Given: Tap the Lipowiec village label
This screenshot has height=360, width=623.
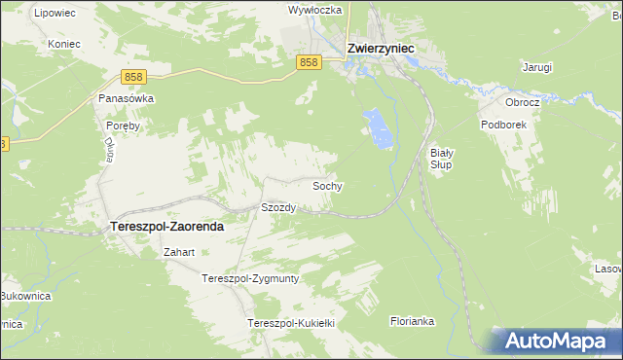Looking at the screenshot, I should (54, 14).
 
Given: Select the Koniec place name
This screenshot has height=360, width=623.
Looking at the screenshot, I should (63, 44).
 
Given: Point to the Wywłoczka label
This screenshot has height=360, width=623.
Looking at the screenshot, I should (313, 10).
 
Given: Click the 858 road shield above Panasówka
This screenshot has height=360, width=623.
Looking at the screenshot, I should (135, 75).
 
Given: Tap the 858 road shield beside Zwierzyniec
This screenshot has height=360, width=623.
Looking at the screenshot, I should (309, 62).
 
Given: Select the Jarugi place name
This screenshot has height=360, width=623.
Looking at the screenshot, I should (536, 67).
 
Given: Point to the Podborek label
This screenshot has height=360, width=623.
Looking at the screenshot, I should (503, 125).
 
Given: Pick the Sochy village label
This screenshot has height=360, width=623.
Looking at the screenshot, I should (327, 185).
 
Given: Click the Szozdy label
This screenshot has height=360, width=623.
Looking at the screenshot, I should (278, 207).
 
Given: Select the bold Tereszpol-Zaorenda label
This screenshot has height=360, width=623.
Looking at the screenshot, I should (163, 226).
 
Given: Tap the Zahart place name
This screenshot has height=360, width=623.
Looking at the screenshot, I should (180, 252).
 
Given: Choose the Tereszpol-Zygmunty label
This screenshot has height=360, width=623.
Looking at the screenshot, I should (249, 278).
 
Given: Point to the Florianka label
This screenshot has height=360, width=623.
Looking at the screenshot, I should (414, 320).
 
